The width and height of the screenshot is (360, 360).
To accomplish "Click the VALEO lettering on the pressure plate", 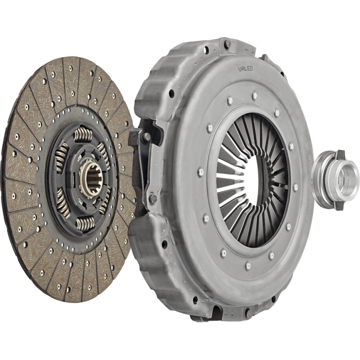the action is tap(245, 68).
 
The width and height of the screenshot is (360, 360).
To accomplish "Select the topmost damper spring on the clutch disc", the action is tap(83, 135).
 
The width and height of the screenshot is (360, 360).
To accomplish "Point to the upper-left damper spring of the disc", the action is tap(61, 157).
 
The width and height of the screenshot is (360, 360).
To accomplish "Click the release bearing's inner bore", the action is tap(346, 180).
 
